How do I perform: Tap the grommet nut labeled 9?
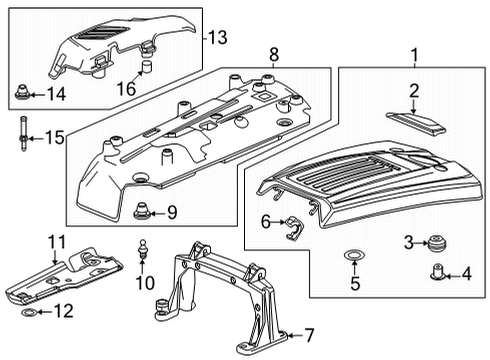tap(142, 211)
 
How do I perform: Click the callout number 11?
tap(57, 241)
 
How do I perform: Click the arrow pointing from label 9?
tap(157, 212)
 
